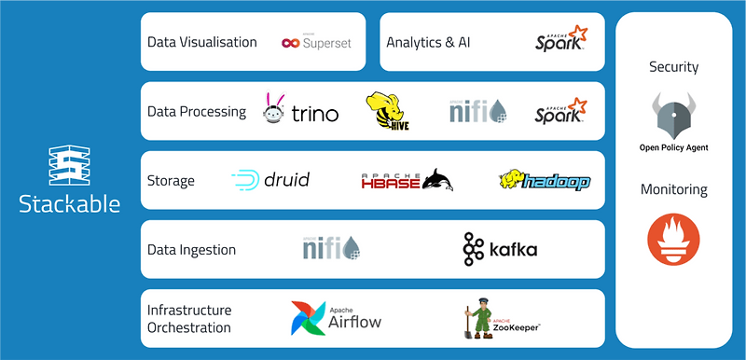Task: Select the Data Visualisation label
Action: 202,42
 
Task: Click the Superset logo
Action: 317,42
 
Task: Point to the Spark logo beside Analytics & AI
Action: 561,39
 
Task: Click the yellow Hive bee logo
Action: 388,112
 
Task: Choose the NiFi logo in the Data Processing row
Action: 477,112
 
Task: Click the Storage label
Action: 171,180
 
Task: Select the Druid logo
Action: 270,180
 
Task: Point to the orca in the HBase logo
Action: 435,180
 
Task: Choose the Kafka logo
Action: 500,249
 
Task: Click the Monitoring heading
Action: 674,189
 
